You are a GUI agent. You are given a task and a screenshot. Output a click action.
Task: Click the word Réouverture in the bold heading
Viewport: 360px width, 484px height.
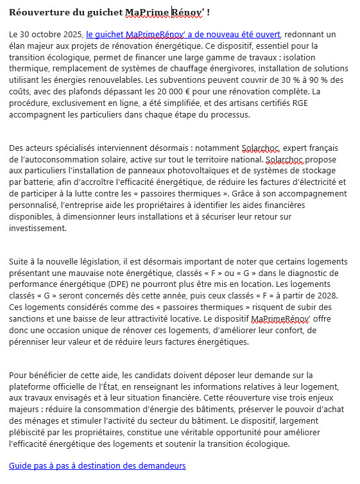pos(35,12)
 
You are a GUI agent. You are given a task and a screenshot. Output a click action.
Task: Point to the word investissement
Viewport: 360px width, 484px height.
pos(38,227)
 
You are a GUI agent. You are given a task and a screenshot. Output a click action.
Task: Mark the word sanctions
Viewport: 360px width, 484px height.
pos(30,320)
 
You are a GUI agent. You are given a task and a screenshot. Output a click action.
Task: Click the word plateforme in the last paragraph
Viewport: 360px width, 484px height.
pos(30,386)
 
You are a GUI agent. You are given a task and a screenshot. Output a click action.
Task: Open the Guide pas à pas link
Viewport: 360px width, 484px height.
pos(97,466)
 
